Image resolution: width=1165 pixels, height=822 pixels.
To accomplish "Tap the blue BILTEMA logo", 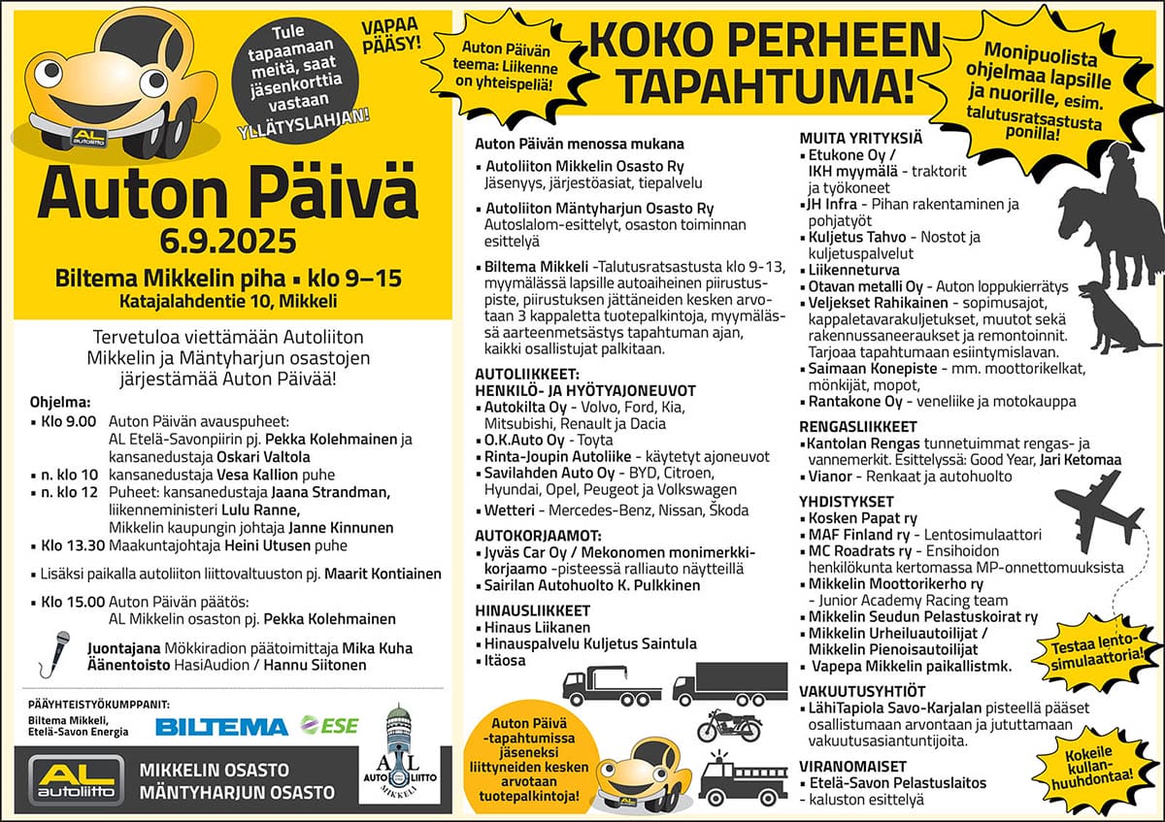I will click(221, 726).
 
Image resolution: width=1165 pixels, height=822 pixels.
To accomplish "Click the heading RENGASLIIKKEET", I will click(857, 426).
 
